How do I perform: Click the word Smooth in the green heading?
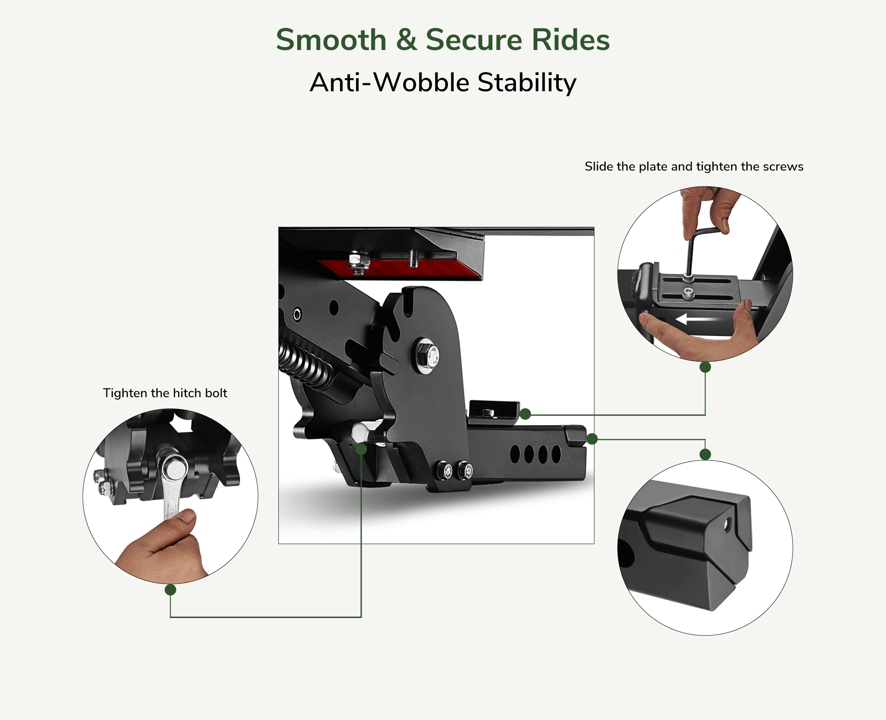click(x=331, y=40)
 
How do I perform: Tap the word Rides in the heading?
click(x=570, y=40)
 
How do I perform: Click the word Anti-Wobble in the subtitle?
click(x=389, y=82)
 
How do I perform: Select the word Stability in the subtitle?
click(x=527, y=82)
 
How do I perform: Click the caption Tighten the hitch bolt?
click(x=165, y=393)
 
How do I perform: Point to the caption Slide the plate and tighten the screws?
click(x=694, y=166)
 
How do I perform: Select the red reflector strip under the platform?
click(x=398, y=269)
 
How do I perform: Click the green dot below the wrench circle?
click(x=170, y=589)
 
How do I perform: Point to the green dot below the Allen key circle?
click(x=705, y=367)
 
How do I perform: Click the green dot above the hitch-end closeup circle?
click(x=705, y=454)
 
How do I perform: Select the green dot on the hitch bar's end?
click(x=592, y=438)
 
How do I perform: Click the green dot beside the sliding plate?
click(x=526, y=414)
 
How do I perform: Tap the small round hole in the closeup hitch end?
click(x=727, y=526)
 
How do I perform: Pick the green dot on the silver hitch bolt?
click(x=361, y=449)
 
